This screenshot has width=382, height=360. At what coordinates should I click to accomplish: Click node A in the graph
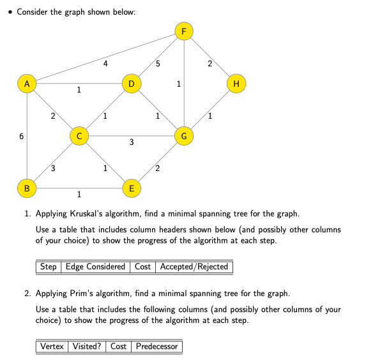[26, 84]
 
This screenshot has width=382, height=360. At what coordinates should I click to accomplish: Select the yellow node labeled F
[184, 31]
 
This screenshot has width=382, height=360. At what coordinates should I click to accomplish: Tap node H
[237, 84]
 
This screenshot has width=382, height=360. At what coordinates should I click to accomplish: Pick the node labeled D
[131, 84]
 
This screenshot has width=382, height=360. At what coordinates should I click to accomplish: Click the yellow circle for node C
[79, 136]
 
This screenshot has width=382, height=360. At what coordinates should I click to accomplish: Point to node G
[184, 136]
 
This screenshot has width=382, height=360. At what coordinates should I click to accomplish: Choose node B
[26, 188]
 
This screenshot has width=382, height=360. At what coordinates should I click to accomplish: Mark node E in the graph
[131, 188]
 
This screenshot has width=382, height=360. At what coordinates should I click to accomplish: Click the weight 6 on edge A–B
[21, 137]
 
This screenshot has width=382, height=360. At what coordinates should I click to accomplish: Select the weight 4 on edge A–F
[105, 63]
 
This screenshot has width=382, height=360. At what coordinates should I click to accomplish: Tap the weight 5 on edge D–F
[158, 63]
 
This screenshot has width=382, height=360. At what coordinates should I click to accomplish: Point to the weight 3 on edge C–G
[132, 143]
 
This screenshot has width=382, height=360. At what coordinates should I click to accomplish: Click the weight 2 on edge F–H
[210, 63]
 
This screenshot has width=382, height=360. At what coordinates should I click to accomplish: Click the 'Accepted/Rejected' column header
[194, 267]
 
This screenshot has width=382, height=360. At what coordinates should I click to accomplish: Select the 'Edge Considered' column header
[96, 267]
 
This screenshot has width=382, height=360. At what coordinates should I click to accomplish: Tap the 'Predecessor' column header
[157, 347]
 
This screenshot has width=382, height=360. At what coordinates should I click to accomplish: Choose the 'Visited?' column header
[86, 347]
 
